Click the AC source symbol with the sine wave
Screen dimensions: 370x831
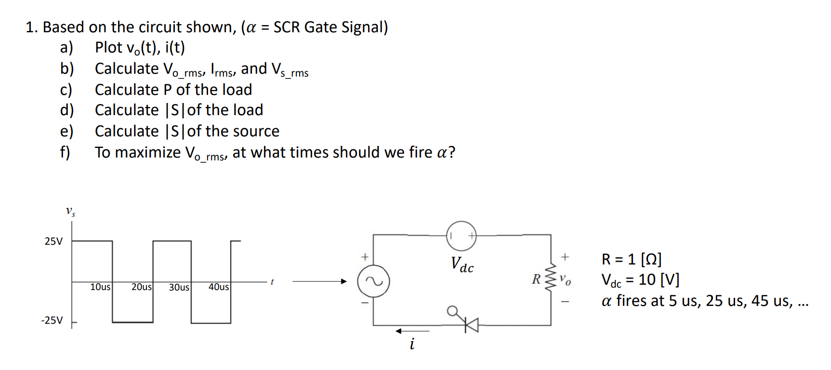point(373,281)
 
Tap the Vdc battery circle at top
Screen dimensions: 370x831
point(461,236)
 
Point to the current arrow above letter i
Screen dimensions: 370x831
point(412,331)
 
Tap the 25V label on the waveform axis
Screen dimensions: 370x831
point(53,241)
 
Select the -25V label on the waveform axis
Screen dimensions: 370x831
point(52,320)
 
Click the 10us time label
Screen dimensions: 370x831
point(100,287)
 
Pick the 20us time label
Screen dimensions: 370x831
point(142,287)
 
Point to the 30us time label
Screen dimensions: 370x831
point(179,287)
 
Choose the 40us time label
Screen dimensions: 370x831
point(218,287)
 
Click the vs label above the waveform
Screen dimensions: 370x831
point(70,211)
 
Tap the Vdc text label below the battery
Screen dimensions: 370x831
point(462,264)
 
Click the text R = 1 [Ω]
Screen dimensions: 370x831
point(631,259)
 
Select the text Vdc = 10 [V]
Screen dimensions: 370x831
point(640,280)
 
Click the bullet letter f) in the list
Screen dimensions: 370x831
point(65,152)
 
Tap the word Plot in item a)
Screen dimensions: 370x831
point(108,47)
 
